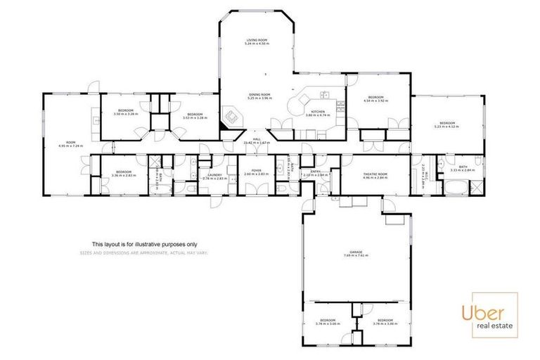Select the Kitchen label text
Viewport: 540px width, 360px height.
[318, 112]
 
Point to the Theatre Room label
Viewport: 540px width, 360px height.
[375, 176]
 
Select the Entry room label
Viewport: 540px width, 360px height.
[310, 172]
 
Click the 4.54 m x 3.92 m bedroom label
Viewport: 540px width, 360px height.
[375, 99]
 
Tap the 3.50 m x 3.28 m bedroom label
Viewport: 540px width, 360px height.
[126, 112]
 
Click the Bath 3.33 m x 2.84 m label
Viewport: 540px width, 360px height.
[462, 168]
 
